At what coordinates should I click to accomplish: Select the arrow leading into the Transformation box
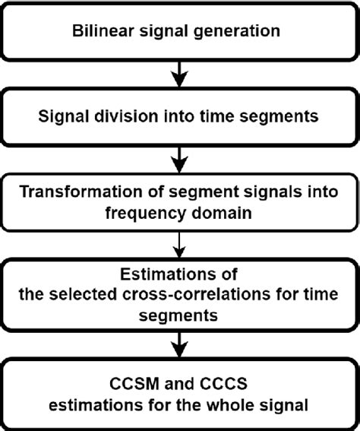tap(180, 159)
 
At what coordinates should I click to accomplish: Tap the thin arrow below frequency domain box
tap(180, 243)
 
